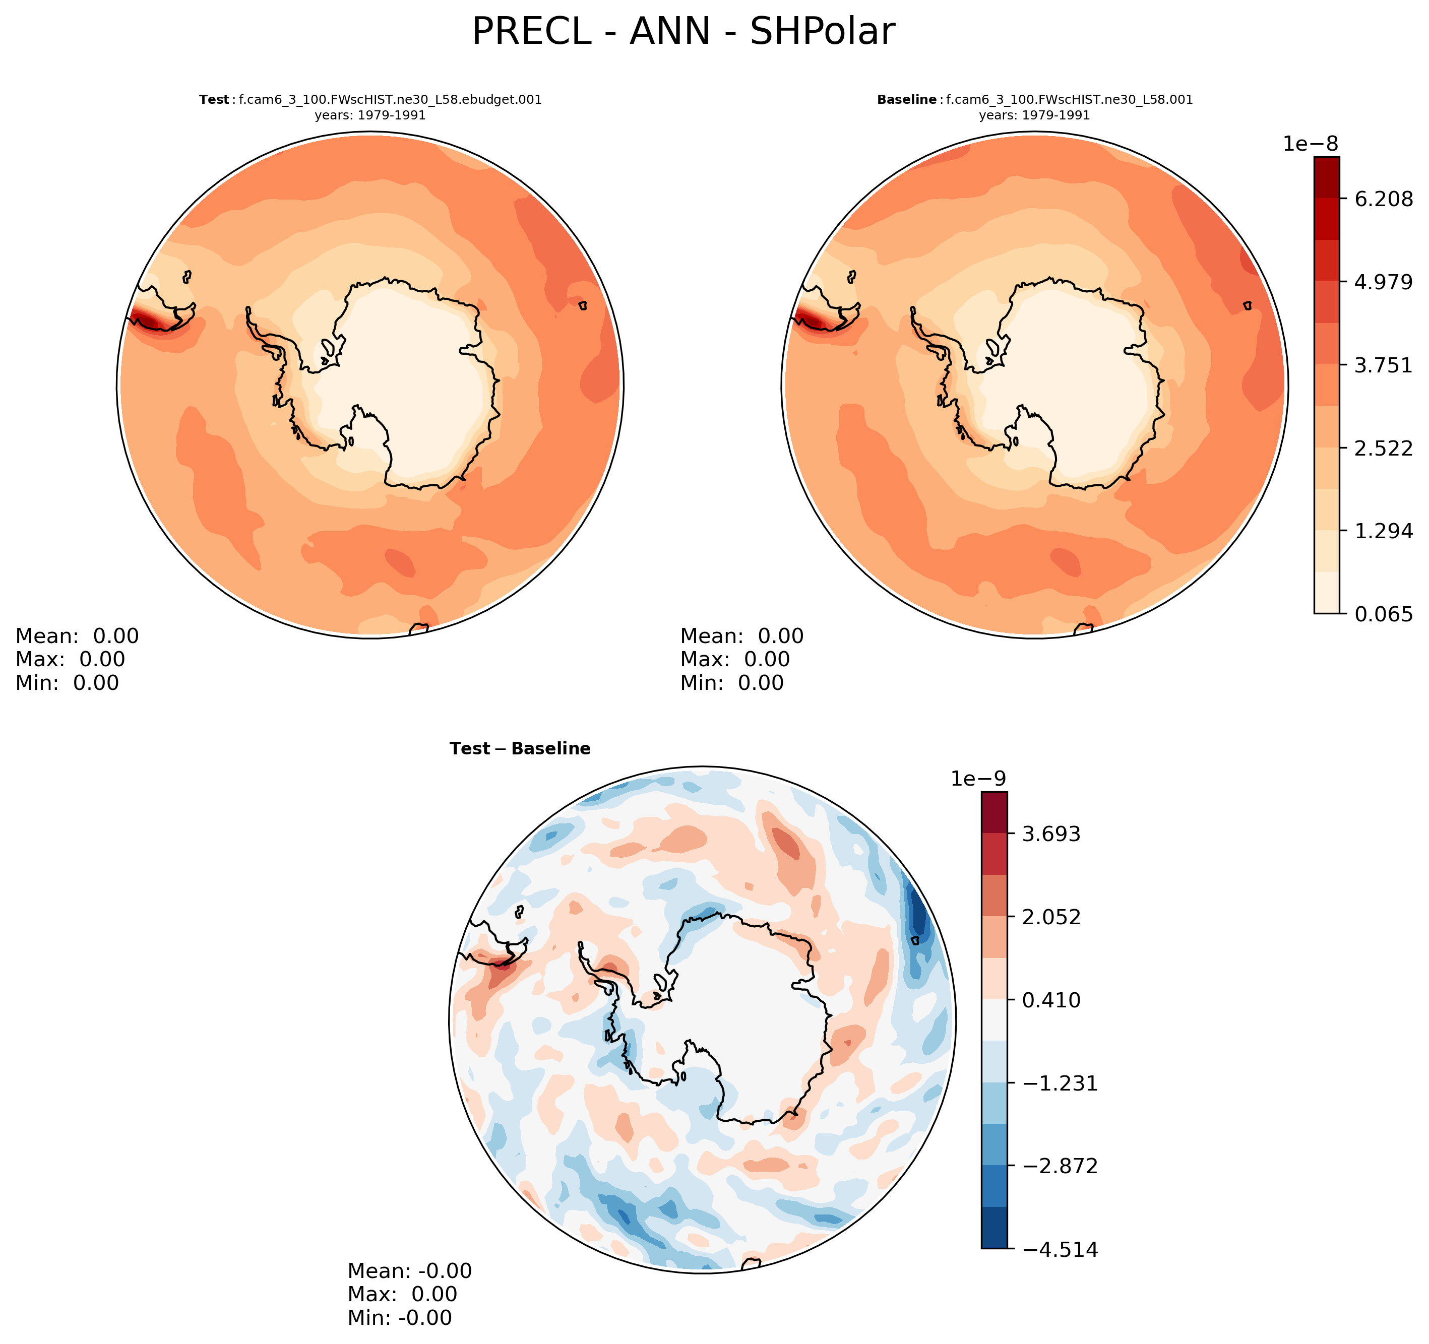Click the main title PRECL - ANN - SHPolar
coord(683,32)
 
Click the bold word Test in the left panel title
coord(214,100)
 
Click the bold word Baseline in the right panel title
coord(906,100)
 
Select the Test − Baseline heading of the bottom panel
coord(520,749)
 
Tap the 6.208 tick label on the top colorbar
coord(1383,199)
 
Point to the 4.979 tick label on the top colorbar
coord(1383,282)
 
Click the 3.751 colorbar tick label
coord(1383,365)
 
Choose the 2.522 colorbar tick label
coord(1383,449)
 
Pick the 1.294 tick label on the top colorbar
coord(1383,531)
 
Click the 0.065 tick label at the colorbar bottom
coord(1383,614)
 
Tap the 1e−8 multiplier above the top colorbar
coord(1311,144)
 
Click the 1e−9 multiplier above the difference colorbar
coord(978,779)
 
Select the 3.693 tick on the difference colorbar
coord(1051,834)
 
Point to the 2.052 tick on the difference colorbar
coord(1051,917)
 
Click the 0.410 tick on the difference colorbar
coord(1051,1000)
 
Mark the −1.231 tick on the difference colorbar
coord(1060,1083)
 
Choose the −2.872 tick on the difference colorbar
coord(1060,1166)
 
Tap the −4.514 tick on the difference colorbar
coord(1060,1250)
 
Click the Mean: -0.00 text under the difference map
coord(409,1271)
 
